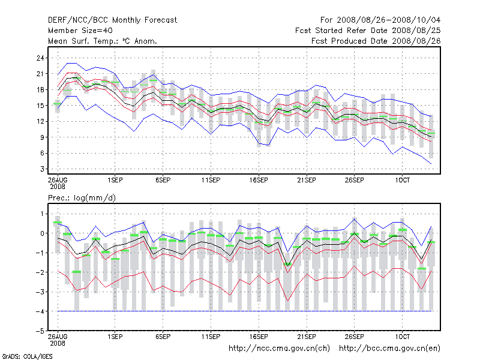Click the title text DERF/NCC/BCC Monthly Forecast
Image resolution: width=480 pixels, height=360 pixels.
click(x=112, y=20)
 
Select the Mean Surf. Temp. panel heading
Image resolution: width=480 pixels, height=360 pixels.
click(x=103, y=41)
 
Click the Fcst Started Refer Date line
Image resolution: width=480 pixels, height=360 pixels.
click(x=368, y=31)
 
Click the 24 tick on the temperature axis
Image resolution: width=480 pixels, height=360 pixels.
click(x=41, y=58)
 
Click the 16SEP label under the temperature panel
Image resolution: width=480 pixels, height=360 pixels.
click(x=259, y=179)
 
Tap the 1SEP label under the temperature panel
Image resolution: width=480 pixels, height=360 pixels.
click(x=115, y=179)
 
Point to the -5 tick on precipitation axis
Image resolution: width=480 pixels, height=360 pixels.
click(x=40, y=331)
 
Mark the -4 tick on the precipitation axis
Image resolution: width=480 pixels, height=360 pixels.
click(x=40, y=311)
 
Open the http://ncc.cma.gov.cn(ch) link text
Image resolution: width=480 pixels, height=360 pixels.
click(x=279, y=348)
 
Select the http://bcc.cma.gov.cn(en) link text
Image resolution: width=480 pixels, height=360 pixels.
click(x=389, y=348)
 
